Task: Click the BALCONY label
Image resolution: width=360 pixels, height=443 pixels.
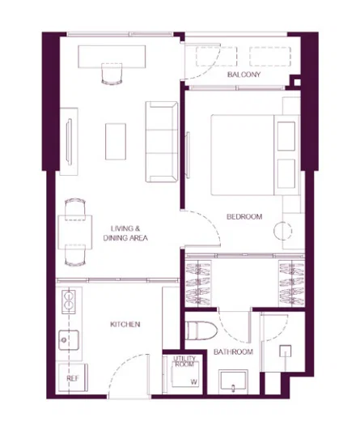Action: pos(244,75)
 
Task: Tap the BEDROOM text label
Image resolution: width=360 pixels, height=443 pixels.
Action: pos(244,217)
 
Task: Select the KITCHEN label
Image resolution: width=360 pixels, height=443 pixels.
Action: pos(125,324)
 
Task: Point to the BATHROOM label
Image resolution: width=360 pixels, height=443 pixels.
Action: pos(233,351)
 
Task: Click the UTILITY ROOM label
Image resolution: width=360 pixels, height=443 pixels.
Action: pos(184,362)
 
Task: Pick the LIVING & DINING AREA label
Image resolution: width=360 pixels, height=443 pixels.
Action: pos(125,233)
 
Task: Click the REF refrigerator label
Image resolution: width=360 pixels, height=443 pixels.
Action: pos(73,378)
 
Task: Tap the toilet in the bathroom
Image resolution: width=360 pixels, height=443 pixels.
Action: pos(201,331)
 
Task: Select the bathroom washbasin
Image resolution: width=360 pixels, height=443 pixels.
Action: pos(233,381)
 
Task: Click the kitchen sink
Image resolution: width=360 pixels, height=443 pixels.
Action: pos(69,340)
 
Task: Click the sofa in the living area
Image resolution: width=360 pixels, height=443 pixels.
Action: pos(162,142)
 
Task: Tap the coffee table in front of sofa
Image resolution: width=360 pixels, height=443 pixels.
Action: pos(116,142)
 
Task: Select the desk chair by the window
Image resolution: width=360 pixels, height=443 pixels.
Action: pos(112,74)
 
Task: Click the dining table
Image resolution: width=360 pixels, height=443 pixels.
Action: pos(75,232)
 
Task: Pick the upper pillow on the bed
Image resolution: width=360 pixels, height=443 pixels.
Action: pos(286,136)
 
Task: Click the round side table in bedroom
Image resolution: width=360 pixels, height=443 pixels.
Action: pos(282,231)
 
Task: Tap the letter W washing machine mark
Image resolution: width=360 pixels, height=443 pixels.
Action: pos(193,382)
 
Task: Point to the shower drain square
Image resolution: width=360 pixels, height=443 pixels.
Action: pos(286,351)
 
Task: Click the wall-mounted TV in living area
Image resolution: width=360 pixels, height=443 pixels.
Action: pos(69,141)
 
